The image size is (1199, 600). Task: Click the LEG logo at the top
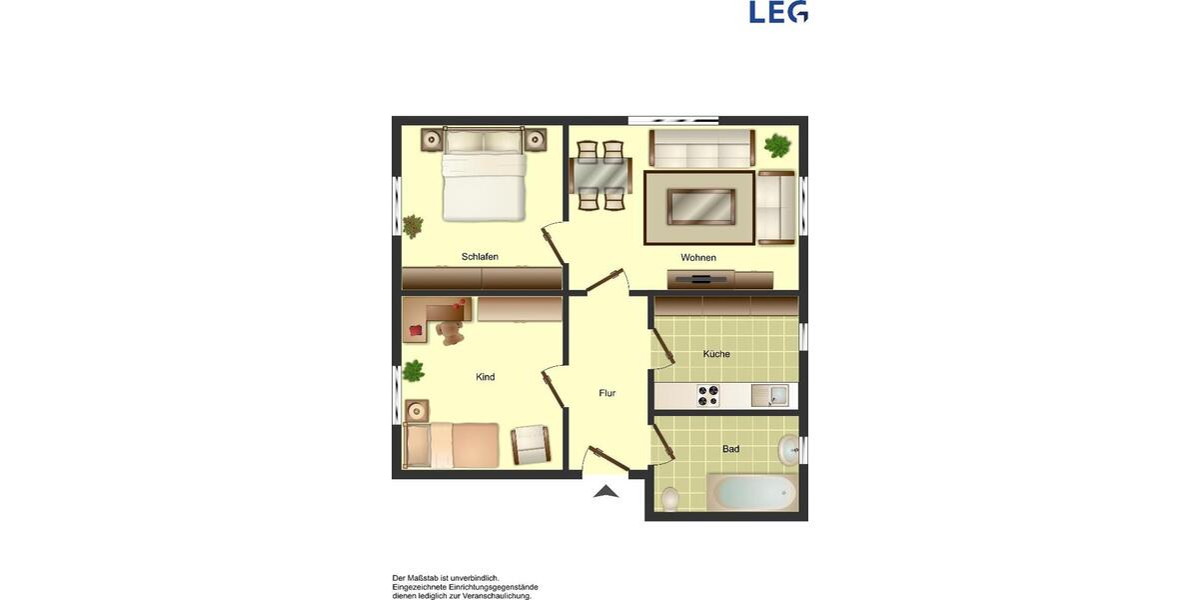coord(778,12)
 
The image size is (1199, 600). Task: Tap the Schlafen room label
coord(480,257)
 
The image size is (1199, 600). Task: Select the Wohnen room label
coord(698,258)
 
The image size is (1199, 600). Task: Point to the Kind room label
coord(486,377)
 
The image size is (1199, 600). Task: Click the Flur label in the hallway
coord(607,393)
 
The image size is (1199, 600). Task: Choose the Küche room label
coord(716,354)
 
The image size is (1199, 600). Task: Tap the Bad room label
coord(731,449)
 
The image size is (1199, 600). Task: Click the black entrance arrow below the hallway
coord(605,490)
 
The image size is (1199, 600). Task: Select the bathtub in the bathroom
coord(752,493)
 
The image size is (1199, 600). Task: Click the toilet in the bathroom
coord(670,497)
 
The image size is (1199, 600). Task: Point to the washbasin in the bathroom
coord(788,449)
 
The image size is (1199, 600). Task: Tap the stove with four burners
coord(708,396)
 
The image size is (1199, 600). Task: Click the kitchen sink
coord(769,396)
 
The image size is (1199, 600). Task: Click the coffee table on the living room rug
coord(698,207)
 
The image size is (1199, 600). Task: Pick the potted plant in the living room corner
coord(776,146)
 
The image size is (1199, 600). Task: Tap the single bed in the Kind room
coord(451,445)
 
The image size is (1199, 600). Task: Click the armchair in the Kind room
coord(530,445)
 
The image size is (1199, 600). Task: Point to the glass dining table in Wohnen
coord(600,176)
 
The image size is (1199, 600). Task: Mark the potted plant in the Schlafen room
coord(413,226)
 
